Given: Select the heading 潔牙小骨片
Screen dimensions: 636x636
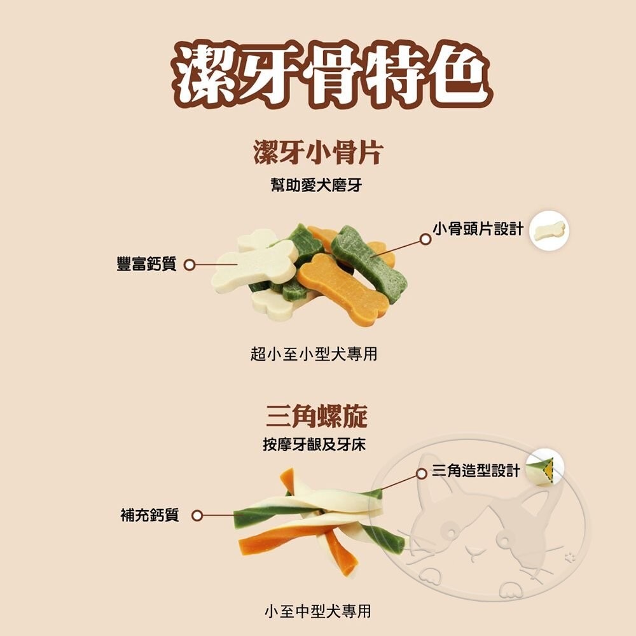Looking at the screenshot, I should click(x=317, y=154).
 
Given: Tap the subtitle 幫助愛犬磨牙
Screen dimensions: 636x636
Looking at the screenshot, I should click(x=317, y=186).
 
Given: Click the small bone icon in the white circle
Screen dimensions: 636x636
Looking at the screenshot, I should click(x=549, y=230).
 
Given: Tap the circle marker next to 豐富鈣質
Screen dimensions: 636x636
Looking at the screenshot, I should click(x=189, y=265).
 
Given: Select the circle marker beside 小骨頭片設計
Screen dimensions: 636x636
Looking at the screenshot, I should click(x=425, y=239).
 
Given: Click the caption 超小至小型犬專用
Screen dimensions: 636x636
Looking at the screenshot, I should click(x=314, y=354).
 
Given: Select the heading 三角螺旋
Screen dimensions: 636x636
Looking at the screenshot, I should click(x=316, y=416).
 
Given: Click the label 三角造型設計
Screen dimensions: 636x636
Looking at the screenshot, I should click(x=476, y=471).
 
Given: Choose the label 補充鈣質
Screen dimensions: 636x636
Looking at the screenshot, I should click(x=149, y=515).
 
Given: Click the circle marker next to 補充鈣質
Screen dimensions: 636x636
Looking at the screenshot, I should click(x=197, y=516).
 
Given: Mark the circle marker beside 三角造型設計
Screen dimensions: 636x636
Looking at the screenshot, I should click(x=421, y=474).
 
